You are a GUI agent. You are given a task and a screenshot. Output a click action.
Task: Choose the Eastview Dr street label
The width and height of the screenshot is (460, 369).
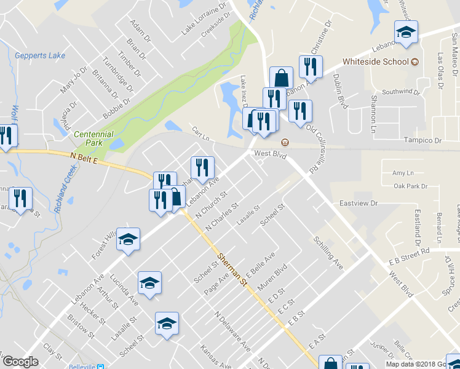(357, 202)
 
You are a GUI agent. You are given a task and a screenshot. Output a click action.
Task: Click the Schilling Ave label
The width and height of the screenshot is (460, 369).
(328, 252)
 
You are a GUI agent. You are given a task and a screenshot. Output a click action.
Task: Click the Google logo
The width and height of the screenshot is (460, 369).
(20, 362)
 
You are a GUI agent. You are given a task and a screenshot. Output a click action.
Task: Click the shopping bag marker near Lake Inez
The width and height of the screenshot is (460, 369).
(281, 78)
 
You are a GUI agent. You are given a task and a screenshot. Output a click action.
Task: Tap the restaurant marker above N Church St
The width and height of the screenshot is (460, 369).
(202, 167)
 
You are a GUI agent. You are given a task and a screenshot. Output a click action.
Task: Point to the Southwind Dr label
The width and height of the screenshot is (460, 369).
(400, 92)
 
